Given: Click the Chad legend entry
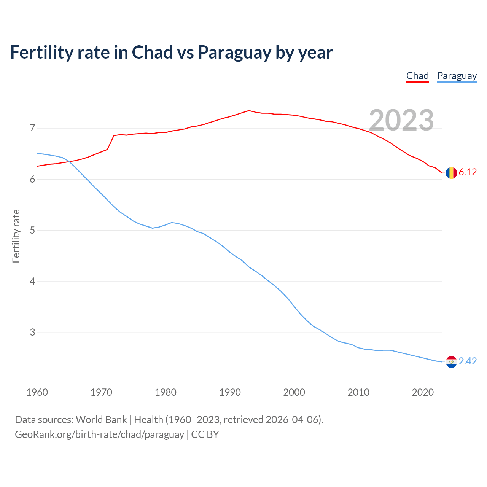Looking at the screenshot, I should click(417, 76).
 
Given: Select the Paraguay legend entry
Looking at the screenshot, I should click(457, 76).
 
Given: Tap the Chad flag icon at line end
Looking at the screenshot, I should click(451, 173).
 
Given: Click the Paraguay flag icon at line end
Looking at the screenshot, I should click(451, 362).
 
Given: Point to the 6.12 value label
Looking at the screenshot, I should click(468, 172).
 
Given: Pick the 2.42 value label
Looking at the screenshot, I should click(468, 361).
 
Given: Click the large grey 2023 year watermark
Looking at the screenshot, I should click(401, 120).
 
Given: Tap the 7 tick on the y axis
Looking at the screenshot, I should click(32, 128).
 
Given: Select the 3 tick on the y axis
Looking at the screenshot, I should click(32, 333).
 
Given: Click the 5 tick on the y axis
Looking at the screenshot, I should click(32, 231).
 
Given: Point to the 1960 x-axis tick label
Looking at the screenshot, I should click(37, 392).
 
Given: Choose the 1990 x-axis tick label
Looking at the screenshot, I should click(230, 392).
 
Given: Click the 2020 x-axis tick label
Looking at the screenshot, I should click(423, 392).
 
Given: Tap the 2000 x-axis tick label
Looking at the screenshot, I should click(294, 392).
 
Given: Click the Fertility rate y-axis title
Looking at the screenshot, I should click(16, 236).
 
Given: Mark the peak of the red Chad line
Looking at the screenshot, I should click(249, 111).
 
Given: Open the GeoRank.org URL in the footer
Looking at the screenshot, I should click(99, 434).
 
